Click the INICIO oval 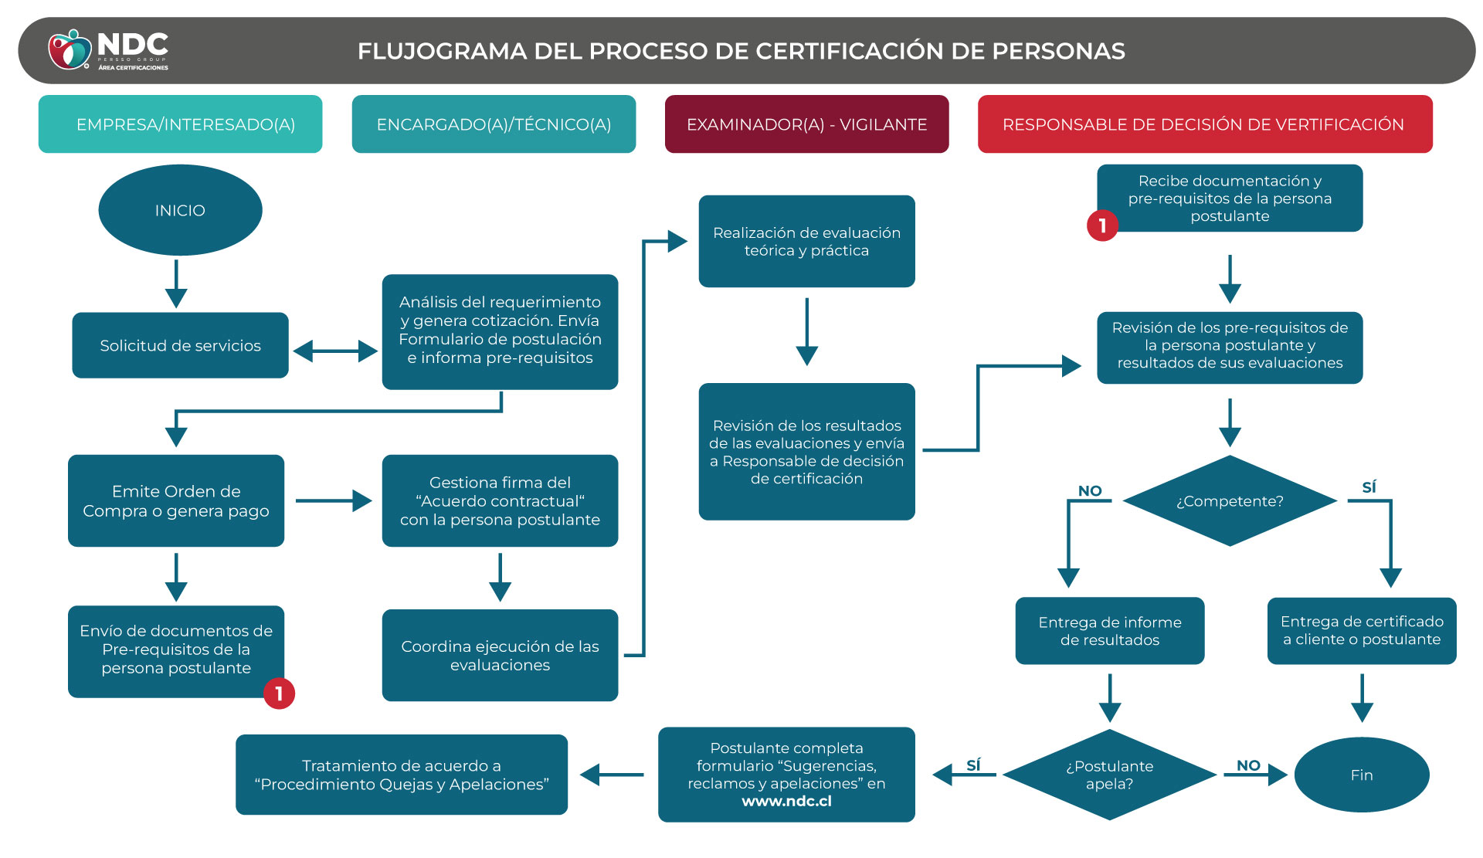coord(180,210)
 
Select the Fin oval coord(1361,775)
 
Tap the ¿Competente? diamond coord(1229,501)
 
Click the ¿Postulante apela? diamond coord(1109,775)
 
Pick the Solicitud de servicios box coord(180,345)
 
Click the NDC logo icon coord(70,50)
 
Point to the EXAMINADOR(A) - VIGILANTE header coord(806,124)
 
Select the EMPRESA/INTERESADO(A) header coord(185,124)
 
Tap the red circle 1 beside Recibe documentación coord(1102,226)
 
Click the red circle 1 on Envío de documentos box coord(279,694)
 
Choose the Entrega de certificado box coord(1361,630)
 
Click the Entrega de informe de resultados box coord(1109,630)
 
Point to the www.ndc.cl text coord(786,802)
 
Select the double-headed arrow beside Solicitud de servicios coord(335,351)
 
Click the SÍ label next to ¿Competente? coord(1369,487)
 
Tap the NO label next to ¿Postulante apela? coord(1248,765)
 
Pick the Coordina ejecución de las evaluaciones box coord(500,655)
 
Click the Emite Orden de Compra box coord(176,500)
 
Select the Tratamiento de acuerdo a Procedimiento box coord(401,775)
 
